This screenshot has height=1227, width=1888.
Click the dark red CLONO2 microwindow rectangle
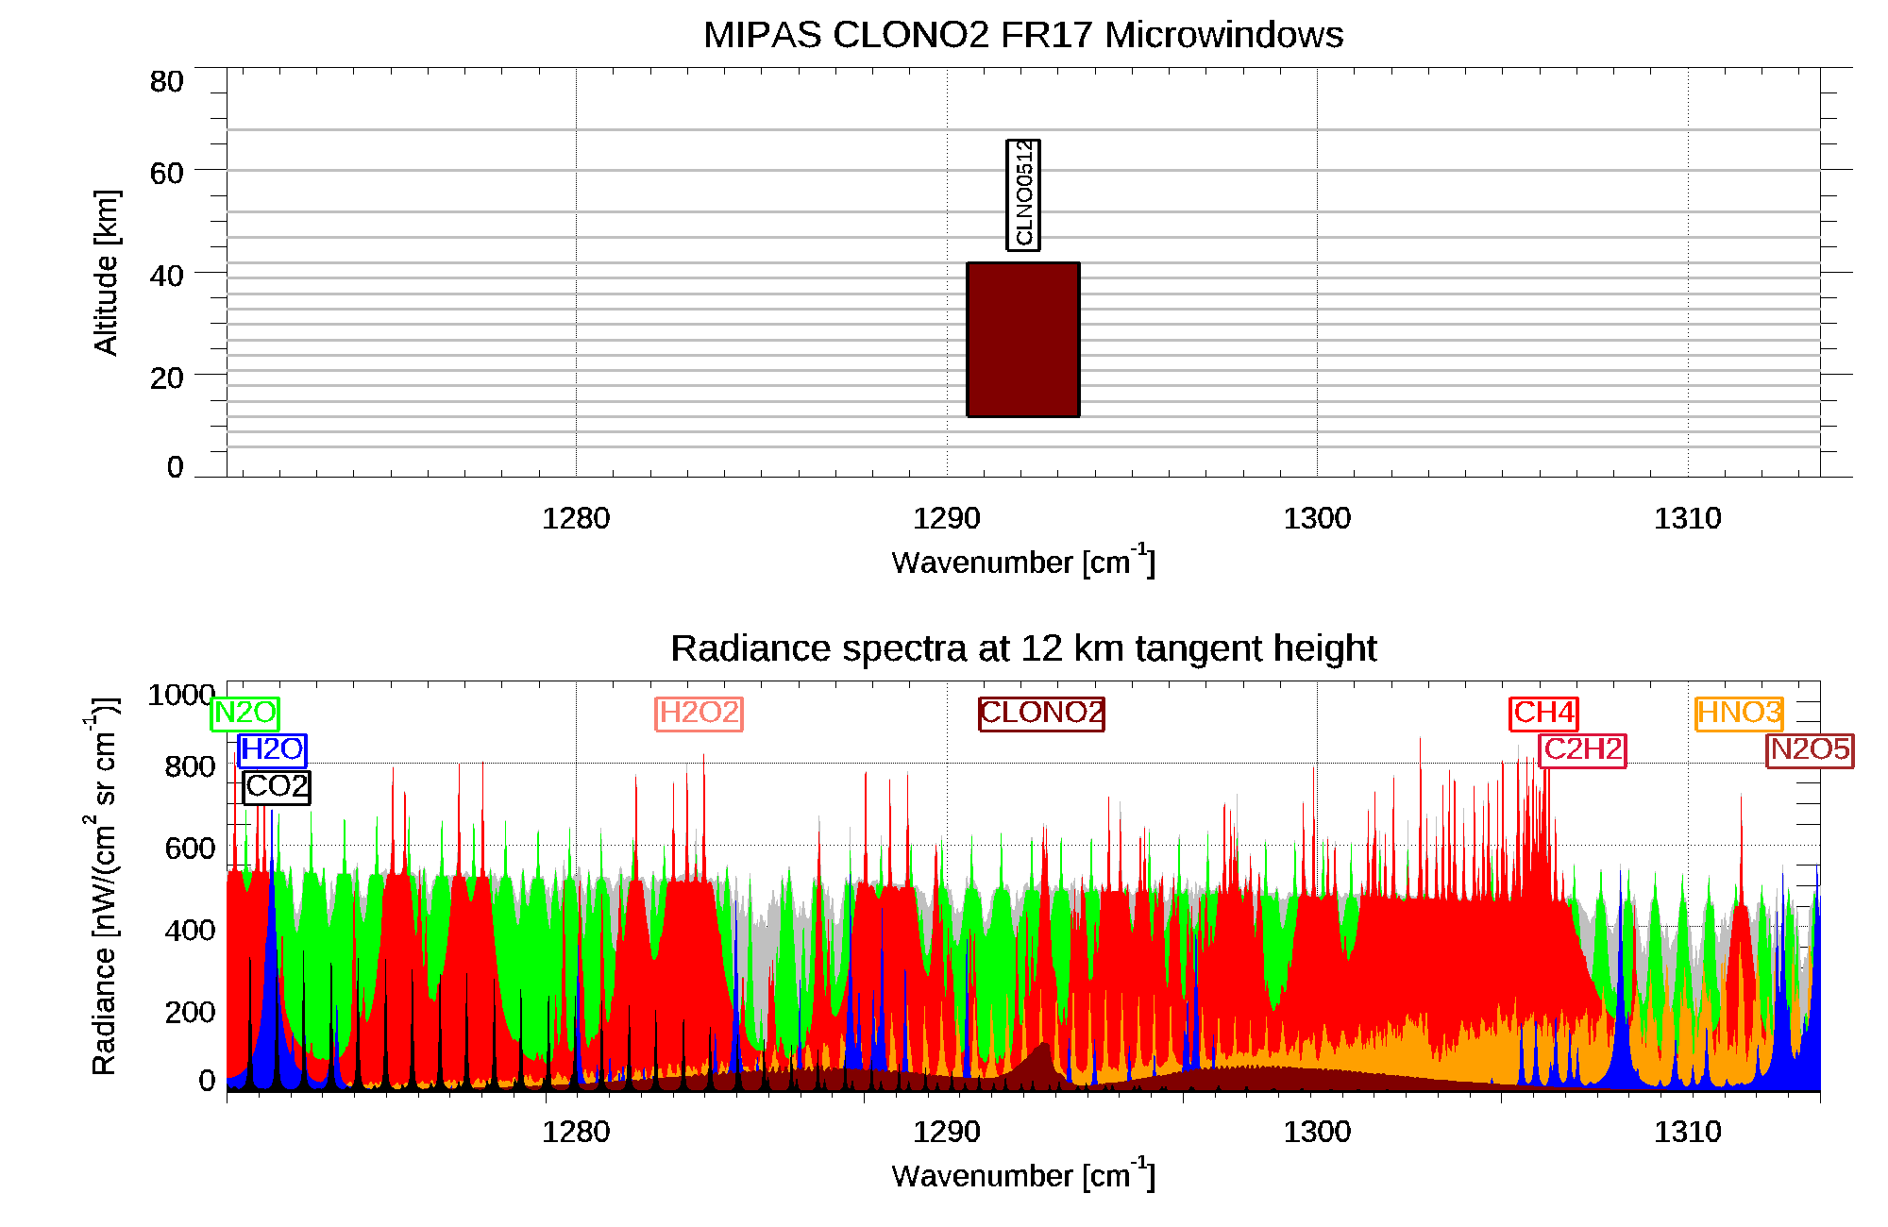pos(1022,340)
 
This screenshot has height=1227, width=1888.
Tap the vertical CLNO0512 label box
pos(1023,195)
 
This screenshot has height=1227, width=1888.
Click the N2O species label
pos(244,713)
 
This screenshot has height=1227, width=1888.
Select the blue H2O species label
pos(272,749)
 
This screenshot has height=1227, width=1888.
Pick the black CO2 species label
pos(276,786)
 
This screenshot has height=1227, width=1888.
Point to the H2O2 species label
pos(699,713)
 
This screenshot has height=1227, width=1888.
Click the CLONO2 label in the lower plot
pos(1041,713)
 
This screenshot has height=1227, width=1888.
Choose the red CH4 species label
pos(1543,713)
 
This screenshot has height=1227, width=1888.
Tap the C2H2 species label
pos(1582,749)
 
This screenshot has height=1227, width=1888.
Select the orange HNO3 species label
pos(1739,713)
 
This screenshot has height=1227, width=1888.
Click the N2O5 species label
pos(1810,749)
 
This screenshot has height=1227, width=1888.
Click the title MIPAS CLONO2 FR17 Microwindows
pos(1022,35)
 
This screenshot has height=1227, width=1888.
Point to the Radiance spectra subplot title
pos(1022,648)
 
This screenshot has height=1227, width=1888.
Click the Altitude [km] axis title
pos(106,272)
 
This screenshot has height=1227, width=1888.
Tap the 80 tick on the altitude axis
pos(166,82)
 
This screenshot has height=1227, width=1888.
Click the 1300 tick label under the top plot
pos(1317,518)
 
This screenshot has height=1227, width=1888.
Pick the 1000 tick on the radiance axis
pos(181,695)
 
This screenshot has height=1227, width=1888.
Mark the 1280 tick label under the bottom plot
pos(576,1132)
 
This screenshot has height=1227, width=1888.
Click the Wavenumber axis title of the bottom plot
pos(1022,1175)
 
